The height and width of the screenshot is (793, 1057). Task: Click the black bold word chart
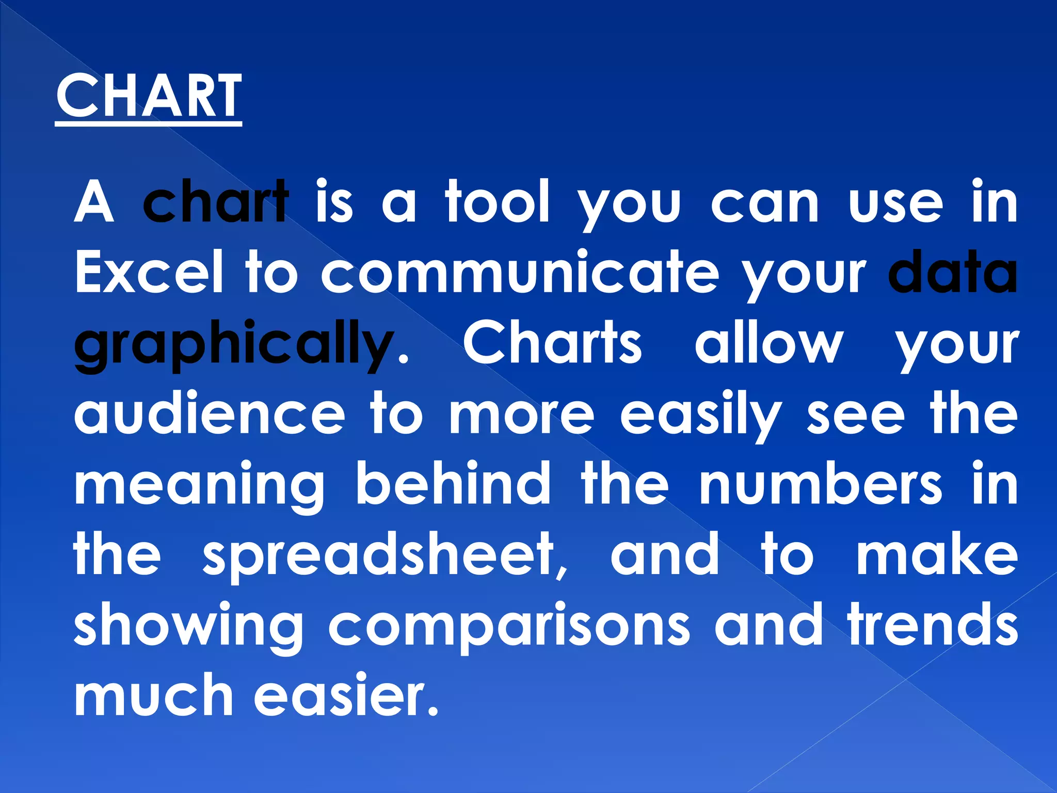[216, 202]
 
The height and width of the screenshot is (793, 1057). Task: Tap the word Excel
[149, 272]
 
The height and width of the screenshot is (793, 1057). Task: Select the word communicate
[520, 272]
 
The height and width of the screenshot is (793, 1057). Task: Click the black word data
[953, 272]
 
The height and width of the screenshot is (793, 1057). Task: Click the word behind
[453, 484]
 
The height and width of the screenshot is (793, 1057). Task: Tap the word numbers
[821, 484]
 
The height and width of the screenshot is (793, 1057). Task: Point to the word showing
[188, 625]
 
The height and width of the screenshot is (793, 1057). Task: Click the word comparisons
[508, 625]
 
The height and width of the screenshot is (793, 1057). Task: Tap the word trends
[933, 625]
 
